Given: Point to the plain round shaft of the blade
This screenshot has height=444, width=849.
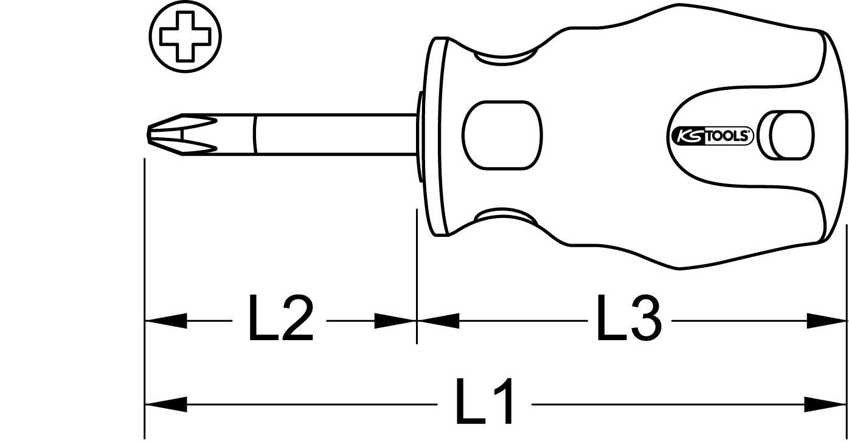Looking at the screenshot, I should click(x=334, y=132).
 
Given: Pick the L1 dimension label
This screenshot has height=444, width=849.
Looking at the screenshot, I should click(x=485, y=403).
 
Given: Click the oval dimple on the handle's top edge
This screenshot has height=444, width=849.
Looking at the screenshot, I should click(x=505, y=57).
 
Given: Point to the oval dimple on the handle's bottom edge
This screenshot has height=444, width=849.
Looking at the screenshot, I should click(x=505, y=217).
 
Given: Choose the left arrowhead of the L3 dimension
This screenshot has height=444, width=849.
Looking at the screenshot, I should click(x=438, y=321).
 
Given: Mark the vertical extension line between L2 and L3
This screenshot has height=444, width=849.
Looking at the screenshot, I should click(x=417, y=273).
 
